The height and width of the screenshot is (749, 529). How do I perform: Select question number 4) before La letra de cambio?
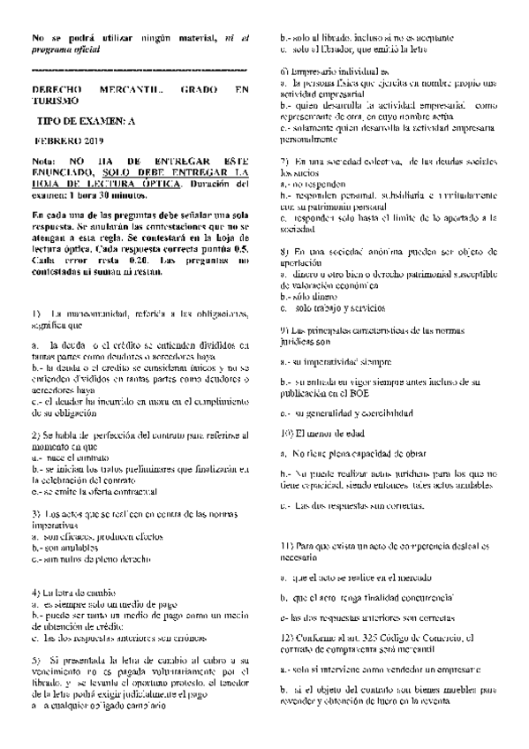point(35,591)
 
